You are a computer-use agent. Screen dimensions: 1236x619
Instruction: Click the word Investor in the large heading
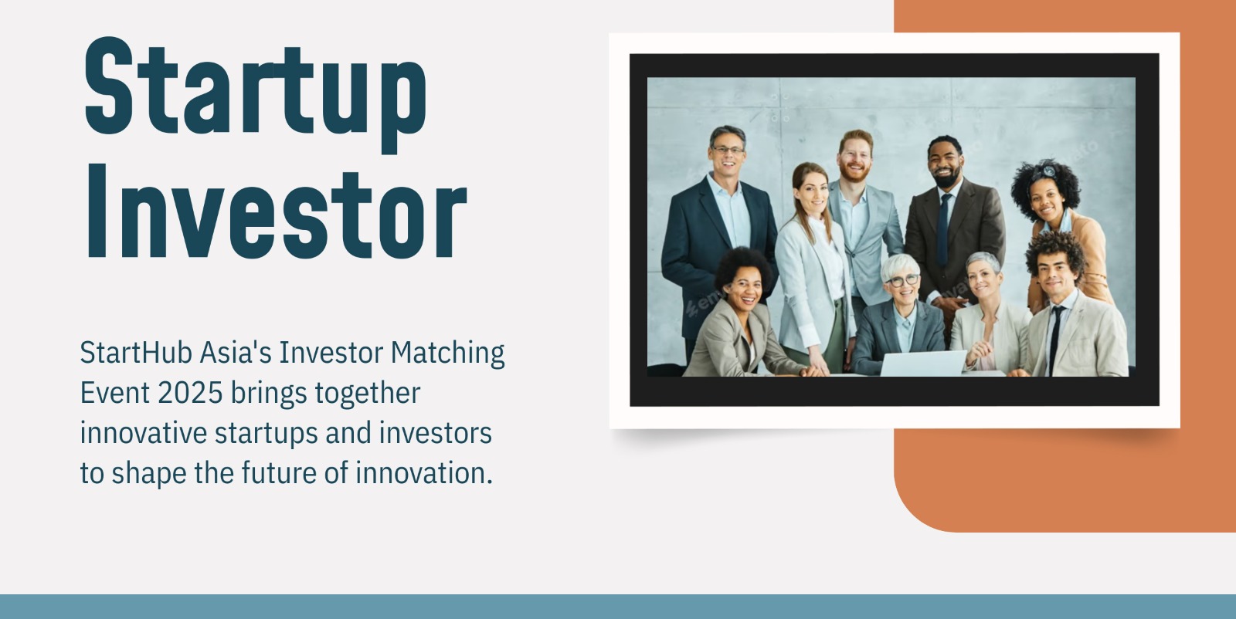(277, 211)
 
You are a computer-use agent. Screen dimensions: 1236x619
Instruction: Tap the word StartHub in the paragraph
(136, 353)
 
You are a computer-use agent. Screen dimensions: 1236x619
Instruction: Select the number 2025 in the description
(190, 393)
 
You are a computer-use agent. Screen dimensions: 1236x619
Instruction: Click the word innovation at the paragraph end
(424, 473)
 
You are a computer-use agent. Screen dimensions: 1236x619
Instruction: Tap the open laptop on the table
(922, 363)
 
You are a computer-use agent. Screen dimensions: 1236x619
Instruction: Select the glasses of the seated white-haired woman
(903, 281)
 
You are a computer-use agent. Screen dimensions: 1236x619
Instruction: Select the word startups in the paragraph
(266, 434)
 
